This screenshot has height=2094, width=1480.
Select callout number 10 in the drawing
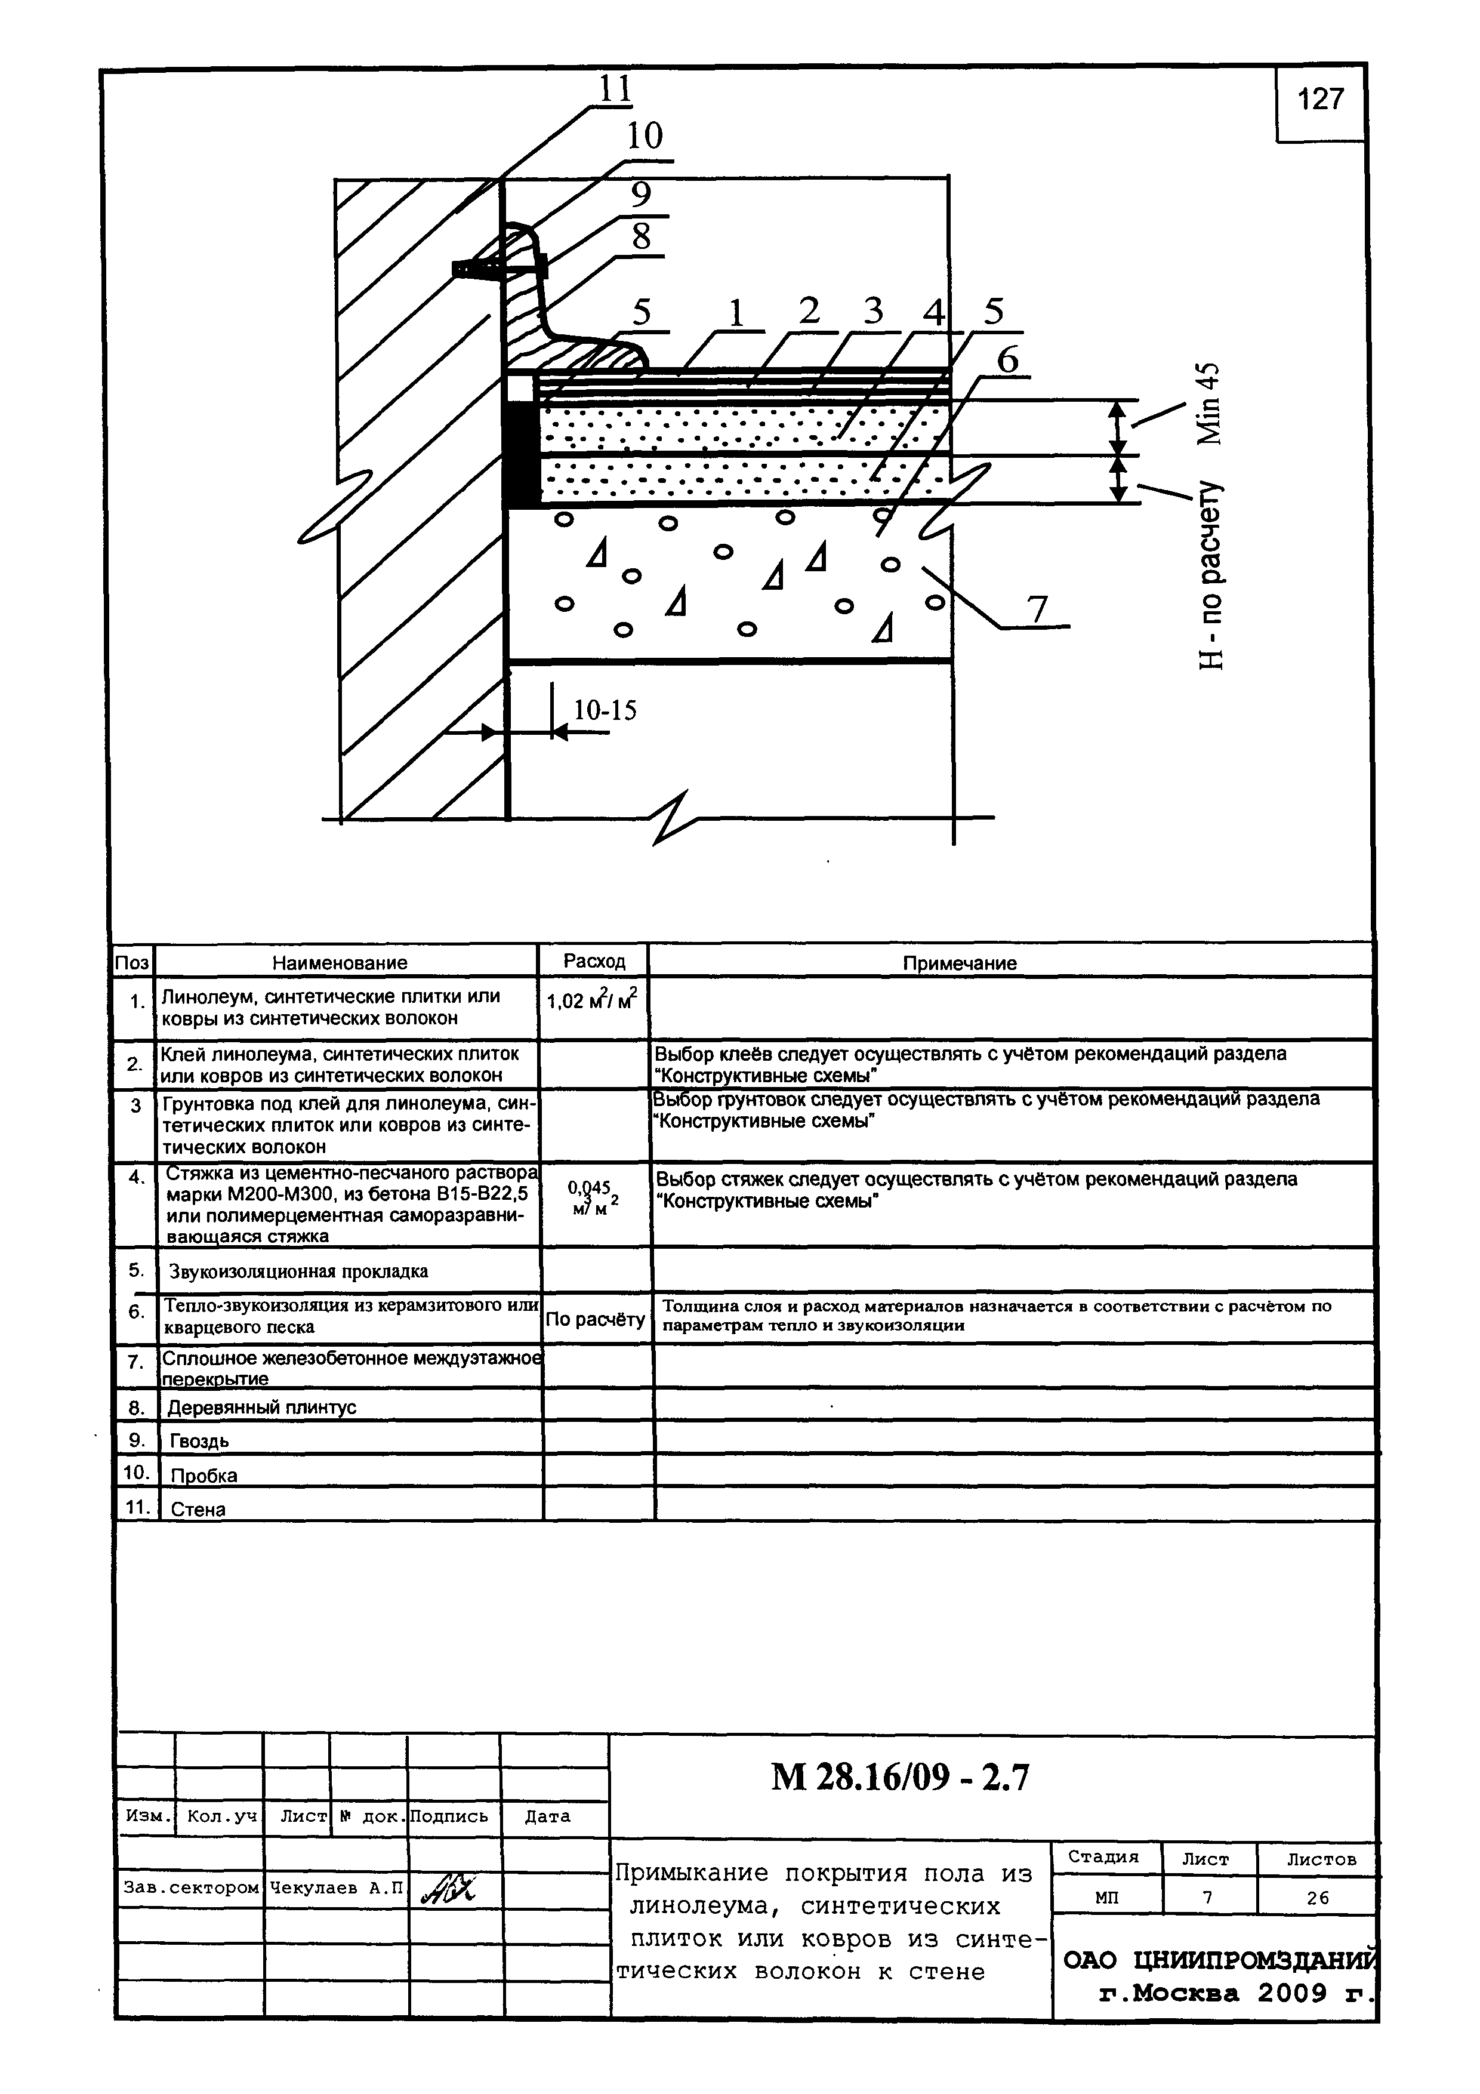pyautogui.click(x=644, y=137)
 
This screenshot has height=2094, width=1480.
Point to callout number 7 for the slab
pyautogui.click(x=1038, y=609)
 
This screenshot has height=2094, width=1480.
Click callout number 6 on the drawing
pyautogui.click(x=1007, y=361)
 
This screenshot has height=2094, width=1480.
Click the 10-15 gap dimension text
pyautogui.click(x=605, y=710)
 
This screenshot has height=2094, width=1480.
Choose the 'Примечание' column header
pyautogui.click(x=958, y=963)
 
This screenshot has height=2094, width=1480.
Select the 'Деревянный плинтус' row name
pyautogui.click(x=262, y=1408)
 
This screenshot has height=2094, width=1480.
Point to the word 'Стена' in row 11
pyautogui.click(x=198, y=1510)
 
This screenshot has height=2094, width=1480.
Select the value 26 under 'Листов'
pyautogui.click(x=1316, y=1898)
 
